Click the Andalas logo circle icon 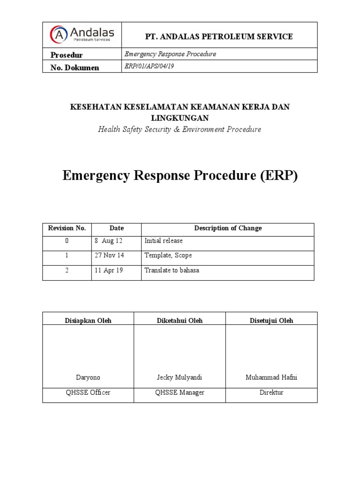[x=59, y=34]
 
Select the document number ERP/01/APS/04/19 [x=149, y=67]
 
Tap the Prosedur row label [x=67, y=55]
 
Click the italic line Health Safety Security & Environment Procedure [x=180, y=129]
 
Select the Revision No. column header [x=67, y=228]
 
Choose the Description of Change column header [x=228, y=228]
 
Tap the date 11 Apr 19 [x=109, y=270]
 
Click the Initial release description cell [x=164, y=241]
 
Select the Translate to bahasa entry [x=172, y=270]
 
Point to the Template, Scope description [x=168, y=255]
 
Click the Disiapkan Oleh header [x=88, y=321]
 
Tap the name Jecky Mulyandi [x=180, y=377]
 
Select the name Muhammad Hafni [x=271, y=377]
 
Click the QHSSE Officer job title [x=88, y=392]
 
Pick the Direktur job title [x=271, y=392]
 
